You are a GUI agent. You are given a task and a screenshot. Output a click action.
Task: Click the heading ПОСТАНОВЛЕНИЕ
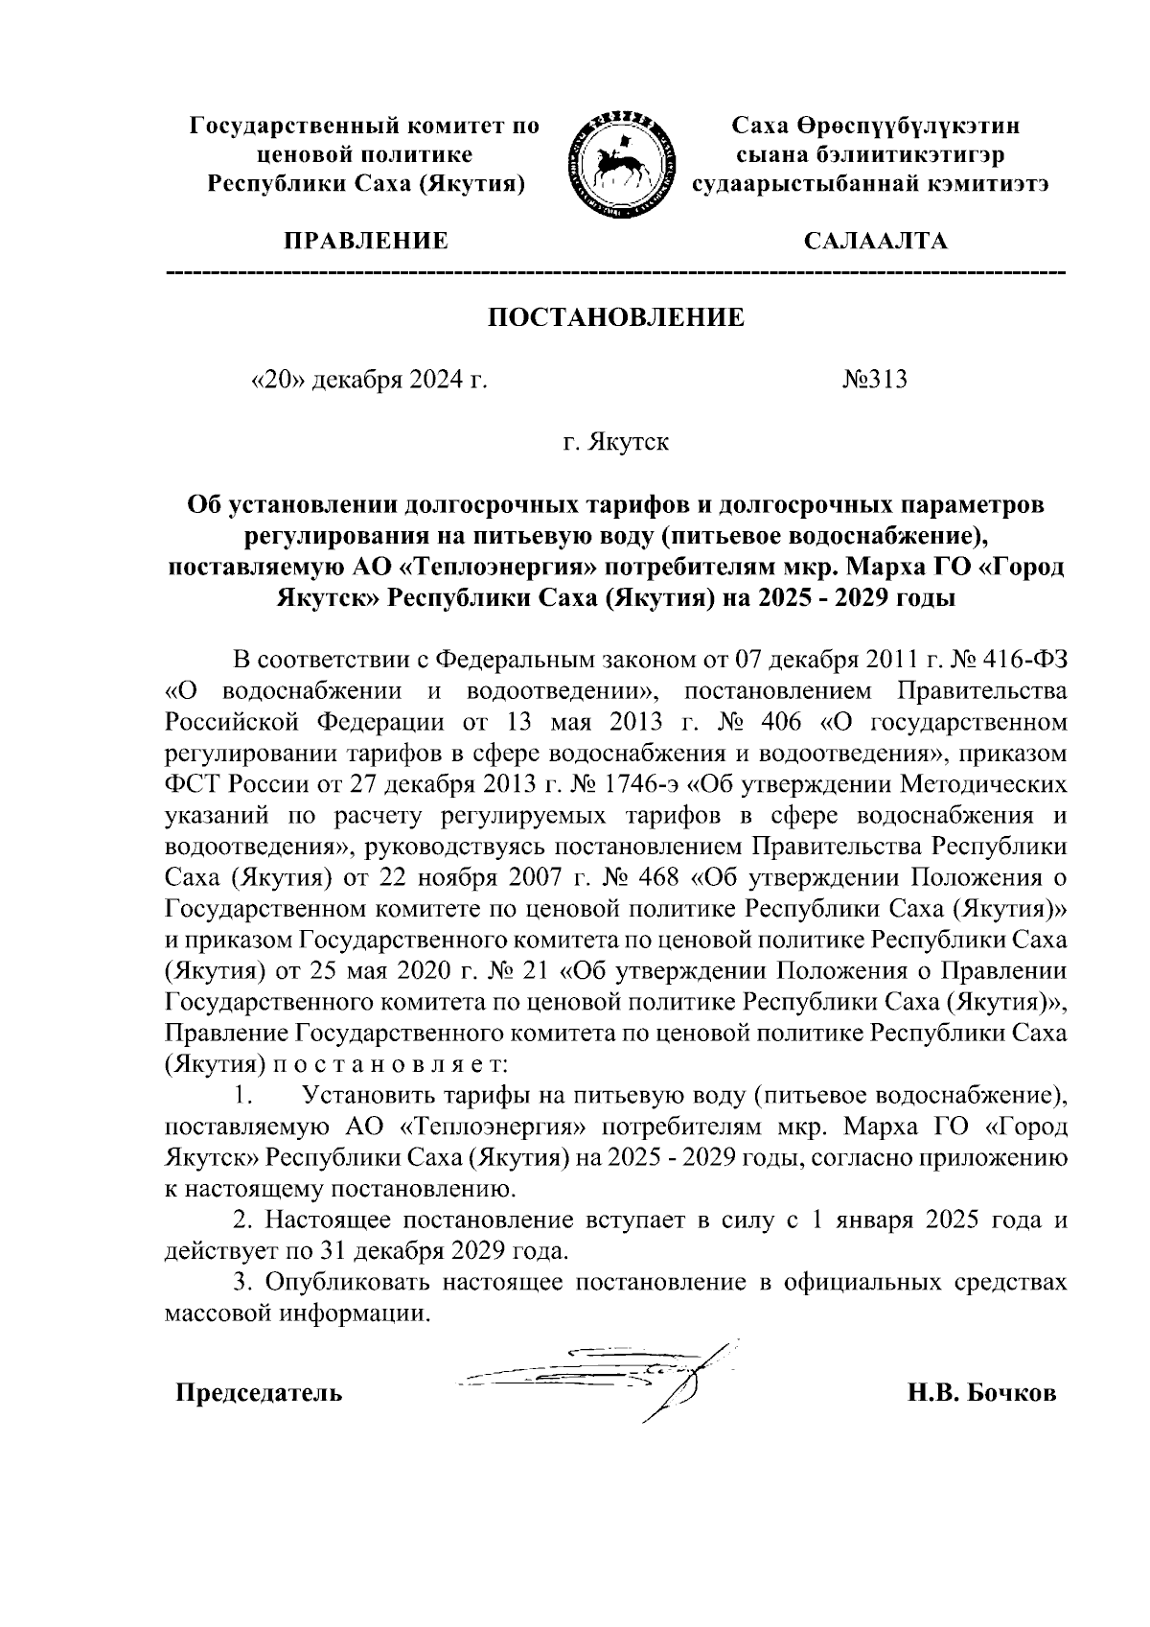tap(616, 318)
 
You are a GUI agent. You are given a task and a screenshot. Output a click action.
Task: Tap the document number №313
tap(875, 381)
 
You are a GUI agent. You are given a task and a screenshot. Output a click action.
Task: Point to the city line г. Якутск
tap(615, 442)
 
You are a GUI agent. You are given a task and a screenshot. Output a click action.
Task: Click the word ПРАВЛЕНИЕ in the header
tap(364, 241)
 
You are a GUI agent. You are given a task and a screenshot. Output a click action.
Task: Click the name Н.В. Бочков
tap(981, 1392)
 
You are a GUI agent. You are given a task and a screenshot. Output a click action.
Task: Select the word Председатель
tap(258, 1392)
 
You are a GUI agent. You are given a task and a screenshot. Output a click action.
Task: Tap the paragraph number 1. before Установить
tap(243, 1094)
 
